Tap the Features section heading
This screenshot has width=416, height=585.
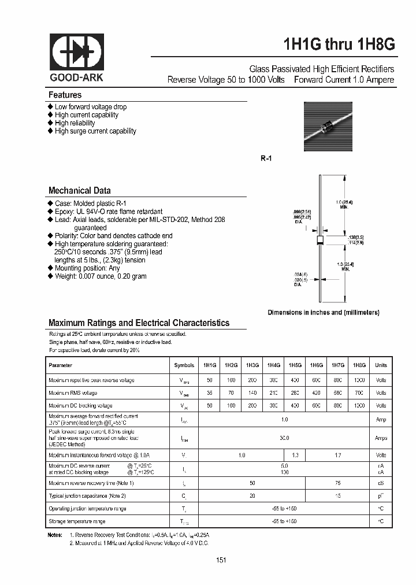point(65,95)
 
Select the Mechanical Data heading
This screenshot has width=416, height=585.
point(79,190)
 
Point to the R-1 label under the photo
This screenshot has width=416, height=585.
point(266,158)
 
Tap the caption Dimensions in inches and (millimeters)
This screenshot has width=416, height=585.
point(323,312)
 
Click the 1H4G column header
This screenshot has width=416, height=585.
point(273,365)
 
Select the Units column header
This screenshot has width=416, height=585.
point(381,365)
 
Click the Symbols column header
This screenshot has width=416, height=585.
point(184,365)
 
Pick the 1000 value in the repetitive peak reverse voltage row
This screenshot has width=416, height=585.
point(359,380)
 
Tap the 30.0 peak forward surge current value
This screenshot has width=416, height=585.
point(284,438)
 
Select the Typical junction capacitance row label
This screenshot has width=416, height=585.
point(87,495)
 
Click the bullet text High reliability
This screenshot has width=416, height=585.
point(75,123)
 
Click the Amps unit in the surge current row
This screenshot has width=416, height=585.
point(381,438)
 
